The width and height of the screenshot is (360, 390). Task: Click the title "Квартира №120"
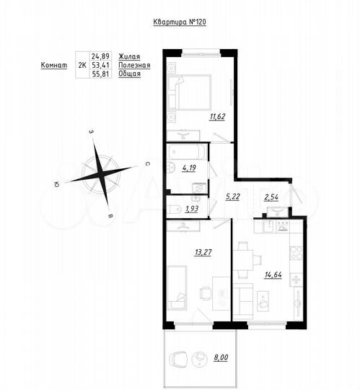click(180, 22)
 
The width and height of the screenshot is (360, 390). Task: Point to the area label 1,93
click(191, 209)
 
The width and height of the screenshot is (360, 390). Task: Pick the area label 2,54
click(272, 196)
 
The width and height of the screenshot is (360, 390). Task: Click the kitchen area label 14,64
click(275, 275)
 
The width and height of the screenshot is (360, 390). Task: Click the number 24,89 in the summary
click(99, 56)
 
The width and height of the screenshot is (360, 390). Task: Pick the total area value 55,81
click(99, 74)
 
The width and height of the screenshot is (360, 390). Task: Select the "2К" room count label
click(80, 65)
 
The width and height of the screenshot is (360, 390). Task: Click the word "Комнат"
click(53, 65)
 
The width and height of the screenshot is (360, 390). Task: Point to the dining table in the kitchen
click(243, 261)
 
